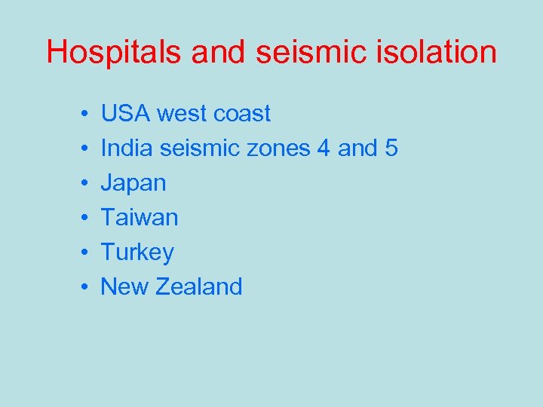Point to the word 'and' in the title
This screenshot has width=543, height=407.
[220, 53]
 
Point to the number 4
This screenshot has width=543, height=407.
[324, 148]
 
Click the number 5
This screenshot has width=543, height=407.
[391, 148]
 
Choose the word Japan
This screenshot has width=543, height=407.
[133, 183]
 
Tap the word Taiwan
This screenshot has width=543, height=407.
[140, 218]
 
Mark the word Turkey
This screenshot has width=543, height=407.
[137, 252]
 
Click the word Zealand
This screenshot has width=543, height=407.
[199, 286]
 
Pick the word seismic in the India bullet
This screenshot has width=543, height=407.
[198, 148]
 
